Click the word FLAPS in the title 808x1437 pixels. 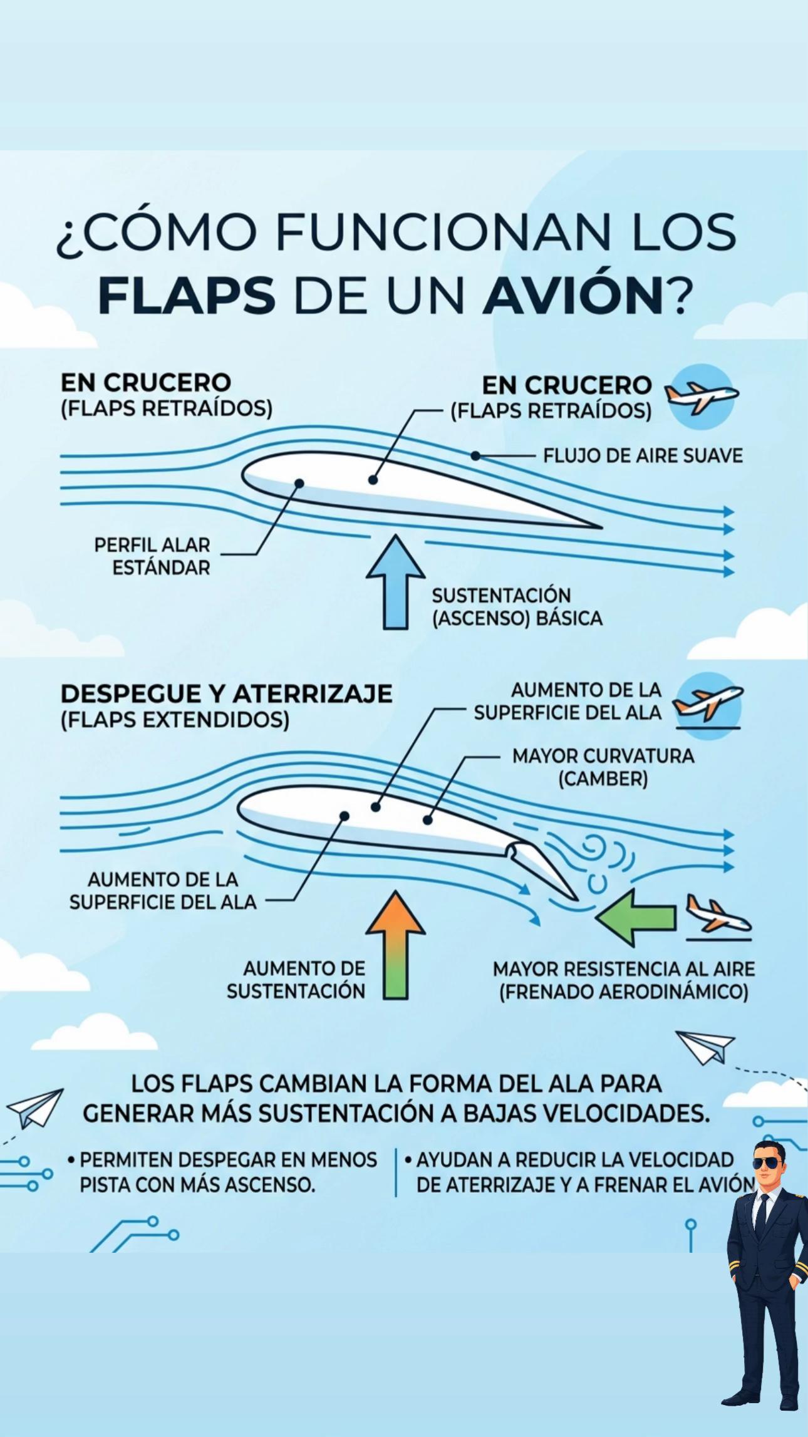pos(187,296)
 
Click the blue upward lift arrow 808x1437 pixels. pos(396,581)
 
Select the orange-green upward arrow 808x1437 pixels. pos(396,945)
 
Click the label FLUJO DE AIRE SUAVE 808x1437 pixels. pos(643,455)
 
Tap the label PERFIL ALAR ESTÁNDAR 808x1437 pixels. pos(152,556)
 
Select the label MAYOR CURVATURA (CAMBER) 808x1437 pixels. pos(603,767)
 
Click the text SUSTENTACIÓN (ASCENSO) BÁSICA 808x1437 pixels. pos(517,606)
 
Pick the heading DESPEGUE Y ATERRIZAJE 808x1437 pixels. pos(226,693)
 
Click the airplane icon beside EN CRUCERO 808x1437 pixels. pos(702,396)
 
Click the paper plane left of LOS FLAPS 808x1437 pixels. pos(35,1108)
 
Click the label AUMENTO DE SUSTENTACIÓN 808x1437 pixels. pos(296,980)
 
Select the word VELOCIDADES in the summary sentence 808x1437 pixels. pos(627,1113)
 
